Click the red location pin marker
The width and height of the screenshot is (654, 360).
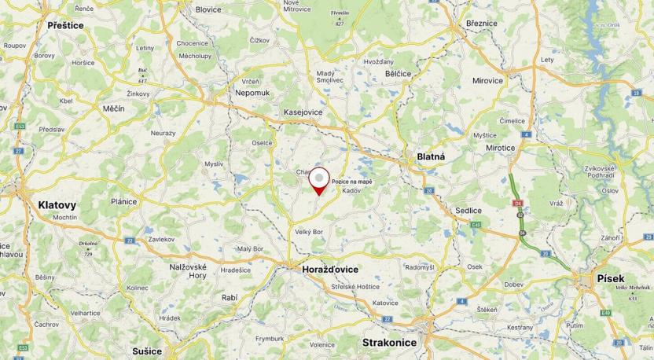click(x=318, y=180)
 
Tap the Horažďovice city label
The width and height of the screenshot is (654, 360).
click(x=329, y=269)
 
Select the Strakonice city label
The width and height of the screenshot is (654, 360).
click(x=391, y=343)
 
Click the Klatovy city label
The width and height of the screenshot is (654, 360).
click(x=57, y=205)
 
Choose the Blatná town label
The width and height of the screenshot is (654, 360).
click(x=430, y=156)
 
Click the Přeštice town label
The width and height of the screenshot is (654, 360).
click(x=65, y=25)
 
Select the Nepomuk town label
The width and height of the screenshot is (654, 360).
click(x=252, y=92)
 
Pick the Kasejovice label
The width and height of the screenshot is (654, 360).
click(x=303, y=112)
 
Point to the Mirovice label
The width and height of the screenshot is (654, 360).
click(x=487, y=80)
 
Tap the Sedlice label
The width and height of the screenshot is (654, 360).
click(x=468, y=211)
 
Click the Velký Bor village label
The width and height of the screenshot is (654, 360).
click(x=310, y=232)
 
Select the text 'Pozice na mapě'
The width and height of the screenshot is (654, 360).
click(x=352, y=182)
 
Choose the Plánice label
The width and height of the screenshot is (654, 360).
click(x=123, y=201)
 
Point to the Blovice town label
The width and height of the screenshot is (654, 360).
click(x=208, y=9)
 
